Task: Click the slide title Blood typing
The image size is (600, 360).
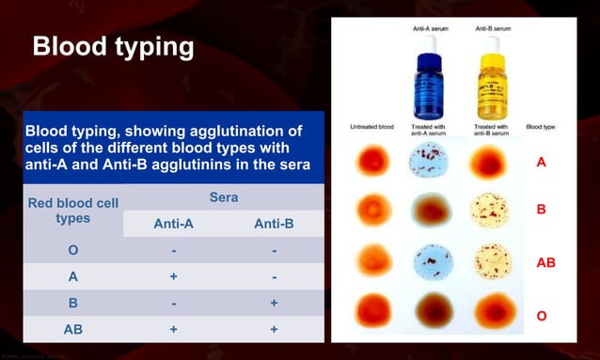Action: (x=113, y=47)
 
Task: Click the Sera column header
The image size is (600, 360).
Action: (x=222, y=198)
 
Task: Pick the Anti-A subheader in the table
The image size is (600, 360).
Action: (x=173, y=224)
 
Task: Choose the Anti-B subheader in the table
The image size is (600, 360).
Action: (x=274, y=224)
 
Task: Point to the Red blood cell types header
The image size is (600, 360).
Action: (x=72, y=211)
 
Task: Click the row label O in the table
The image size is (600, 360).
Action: (x=72, y=251)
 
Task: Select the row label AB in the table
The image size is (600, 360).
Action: (x=72, y=330)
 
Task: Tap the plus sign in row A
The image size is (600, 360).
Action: (x=173, y=277)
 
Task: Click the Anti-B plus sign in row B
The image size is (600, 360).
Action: (x=274, y=304)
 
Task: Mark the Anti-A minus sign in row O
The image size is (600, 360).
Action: (x=173, y=251)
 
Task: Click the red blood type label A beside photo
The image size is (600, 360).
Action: (x=541, y=163)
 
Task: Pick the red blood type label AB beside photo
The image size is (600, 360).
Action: (x=545, y=263)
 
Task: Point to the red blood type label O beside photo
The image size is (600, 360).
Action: (x=541, y=316)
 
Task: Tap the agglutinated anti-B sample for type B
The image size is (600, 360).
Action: (x=489, y=210)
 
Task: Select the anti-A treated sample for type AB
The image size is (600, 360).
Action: (x=431, y=259)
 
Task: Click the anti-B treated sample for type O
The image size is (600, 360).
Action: (x=489, y=310)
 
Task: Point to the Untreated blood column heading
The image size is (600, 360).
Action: (x=371, y=126)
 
